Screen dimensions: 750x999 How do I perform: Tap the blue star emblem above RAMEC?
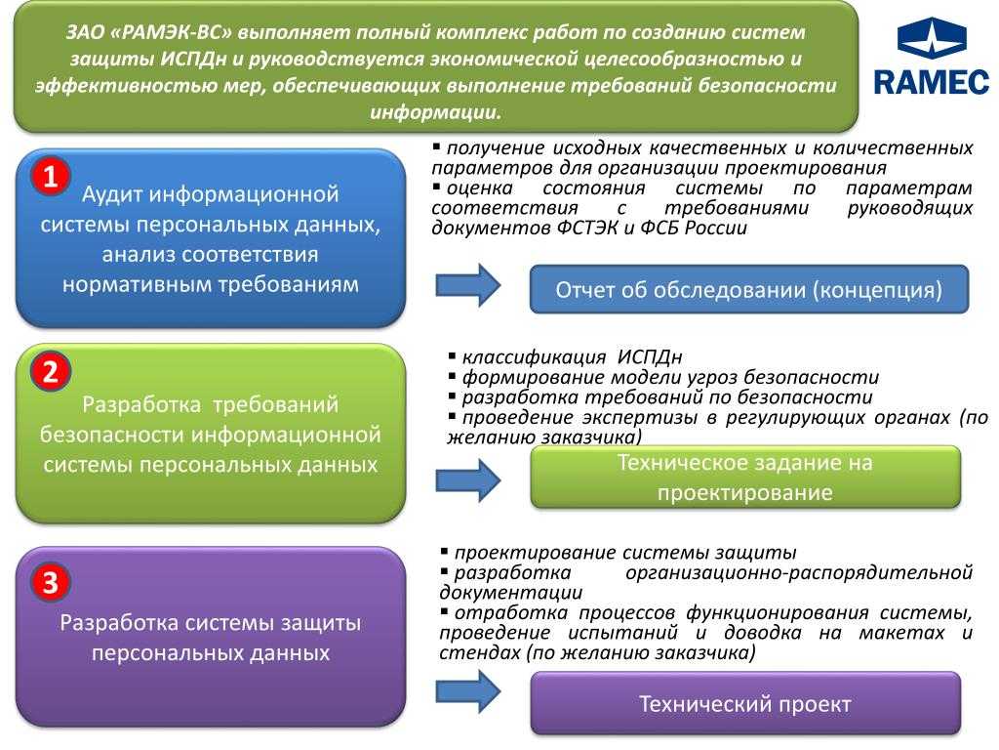pyautogui.click(x=931, y=38)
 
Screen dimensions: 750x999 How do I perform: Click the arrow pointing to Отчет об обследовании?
pyautogui.click(x=467, y=284)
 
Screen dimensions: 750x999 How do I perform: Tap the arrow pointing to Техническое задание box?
pyautogui.click(x=467, y=479)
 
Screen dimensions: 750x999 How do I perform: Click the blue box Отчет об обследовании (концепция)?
pyautogui.click(x=748, y=290)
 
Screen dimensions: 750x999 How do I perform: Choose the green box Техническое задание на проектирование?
pyautogui.click(x=744, y=478)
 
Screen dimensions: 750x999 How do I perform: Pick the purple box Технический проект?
pyautogui.click(x=744, y=704)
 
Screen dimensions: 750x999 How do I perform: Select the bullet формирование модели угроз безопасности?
pyautogui.click(x=670, y=377)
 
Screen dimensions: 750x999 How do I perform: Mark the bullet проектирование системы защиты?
pyautogui.click(x=624, y=552)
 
